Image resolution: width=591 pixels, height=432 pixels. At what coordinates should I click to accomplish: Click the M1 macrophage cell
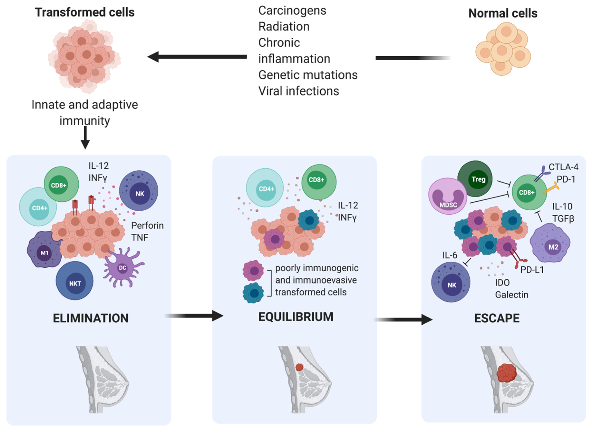tap(45, 250)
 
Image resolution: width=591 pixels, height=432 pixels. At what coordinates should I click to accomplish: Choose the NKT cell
tap(74, 281)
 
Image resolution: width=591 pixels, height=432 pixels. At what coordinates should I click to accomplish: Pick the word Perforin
tap(147, 225)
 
